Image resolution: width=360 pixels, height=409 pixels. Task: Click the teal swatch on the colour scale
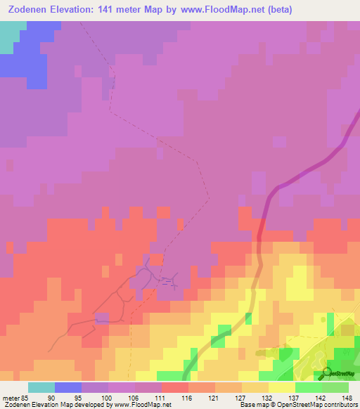click(x=41, y=387)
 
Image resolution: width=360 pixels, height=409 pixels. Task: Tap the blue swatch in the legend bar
click(x=68, y=387)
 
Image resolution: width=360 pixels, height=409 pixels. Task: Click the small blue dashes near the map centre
click(x=167, y=283)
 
